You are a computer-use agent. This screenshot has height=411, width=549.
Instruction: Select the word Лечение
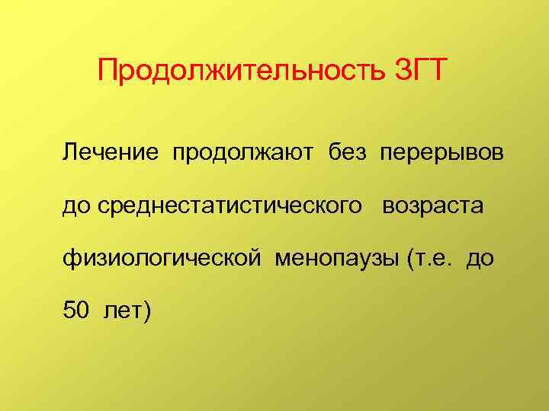pyautogui.click(x=111, y=154)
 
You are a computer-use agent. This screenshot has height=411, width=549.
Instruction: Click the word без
pyautogui.click(x=353, y=154)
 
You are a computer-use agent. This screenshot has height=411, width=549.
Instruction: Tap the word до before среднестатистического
pyautogui.click(x=76, y=206)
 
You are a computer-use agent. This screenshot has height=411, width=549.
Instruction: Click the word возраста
pyautogui.click(x=433, y=206)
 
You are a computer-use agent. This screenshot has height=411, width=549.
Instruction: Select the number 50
pyautogui.click(x=77, y=311)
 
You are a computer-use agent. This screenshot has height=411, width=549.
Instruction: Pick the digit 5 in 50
pyautogui.click(x=69, y=311)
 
